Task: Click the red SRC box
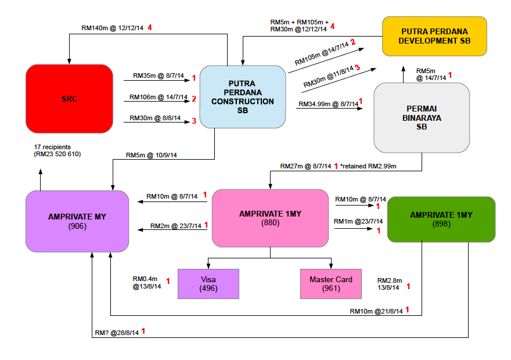[69, 99]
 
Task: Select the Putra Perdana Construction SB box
[242, 97]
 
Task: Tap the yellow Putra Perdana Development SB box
[434, 36]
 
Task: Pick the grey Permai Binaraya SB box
[421, 118]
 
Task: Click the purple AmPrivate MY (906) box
[77, 221]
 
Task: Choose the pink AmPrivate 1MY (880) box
[270, 217]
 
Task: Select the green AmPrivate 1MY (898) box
[441, 219]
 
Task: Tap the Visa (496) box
[208, 284]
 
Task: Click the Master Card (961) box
[330, 284]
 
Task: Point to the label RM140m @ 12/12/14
[113, 27]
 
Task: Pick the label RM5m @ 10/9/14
[151, 155]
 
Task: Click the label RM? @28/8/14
[117, 333]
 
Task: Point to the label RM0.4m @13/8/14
[146, 283]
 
